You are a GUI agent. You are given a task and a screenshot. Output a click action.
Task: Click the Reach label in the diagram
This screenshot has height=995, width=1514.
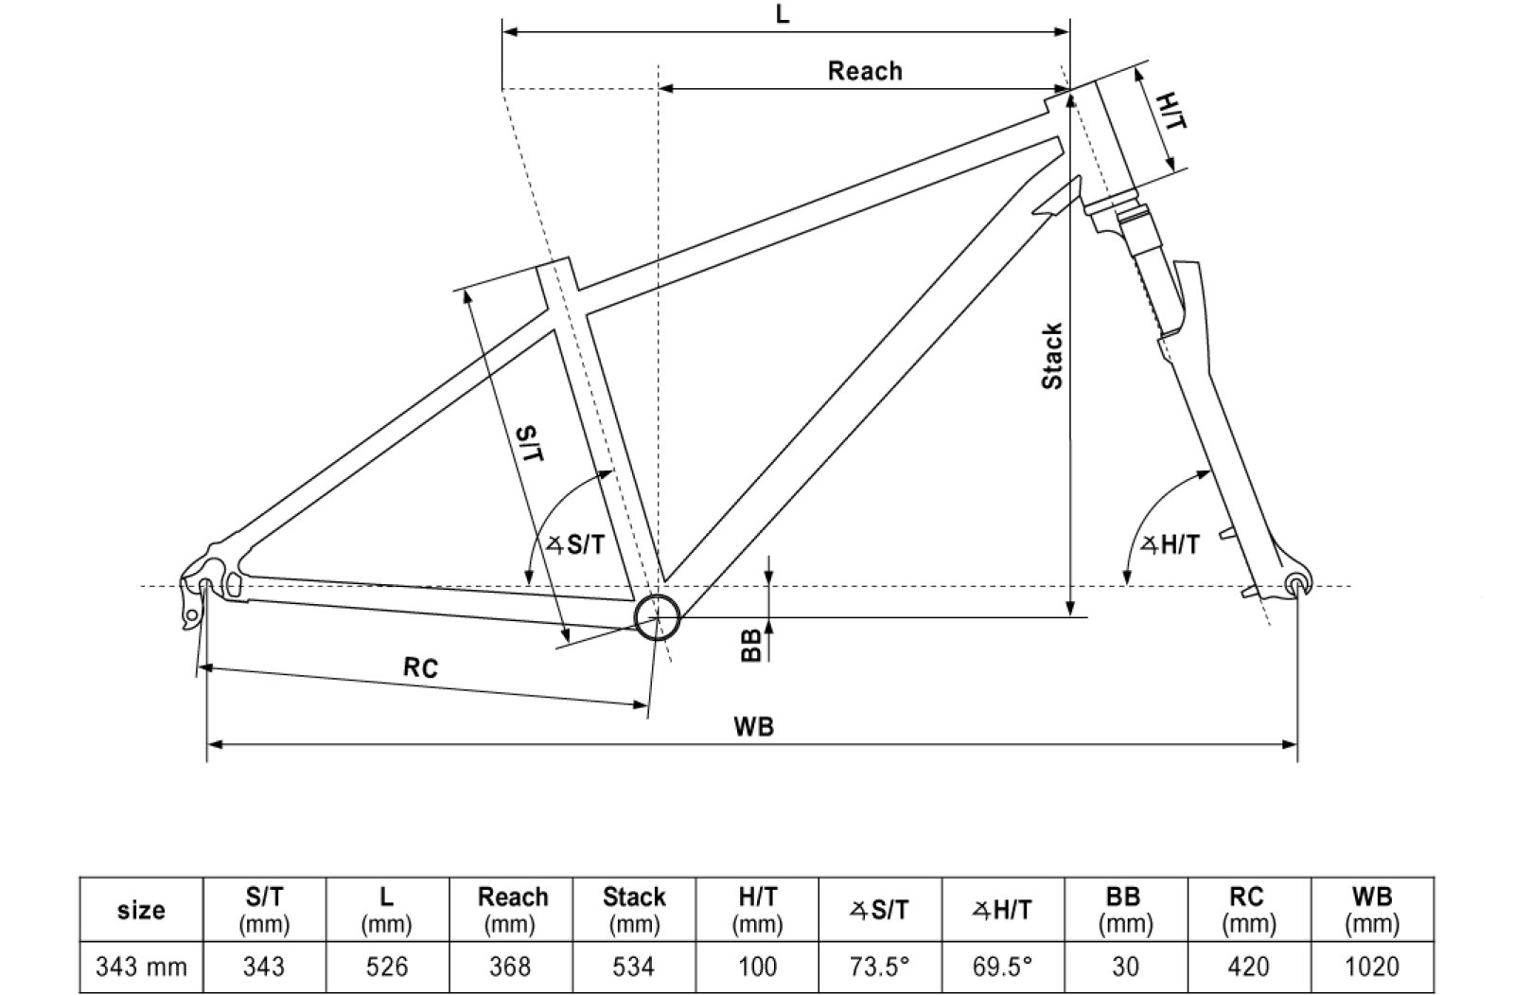(864, 71)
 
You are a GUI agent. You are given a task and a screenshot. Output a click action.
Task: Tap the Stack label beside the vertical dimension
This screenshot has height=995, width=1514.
(1051, 356)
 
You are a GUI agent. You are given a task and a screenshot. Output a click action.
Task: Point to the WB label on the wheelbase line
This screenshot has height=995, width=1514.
(753, 726)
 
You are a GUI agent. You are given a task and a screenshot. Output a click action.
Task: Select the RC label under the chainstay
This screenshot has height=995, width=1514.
(420, 667)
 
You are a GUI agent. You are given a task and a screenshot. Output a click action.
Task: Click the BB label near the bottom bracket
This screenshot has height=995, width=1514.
(751, 646)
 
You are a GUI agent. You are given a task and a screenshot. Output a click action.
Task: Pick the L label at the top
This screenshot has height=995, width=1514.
(783, 15)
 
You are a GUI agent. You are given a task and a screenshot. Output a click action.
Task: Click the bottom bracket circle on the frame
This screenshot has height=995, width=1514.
(657, 618)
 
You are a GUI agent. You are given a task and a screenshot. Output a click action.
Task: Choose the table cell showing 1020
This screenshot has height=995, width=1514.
(1371, 967)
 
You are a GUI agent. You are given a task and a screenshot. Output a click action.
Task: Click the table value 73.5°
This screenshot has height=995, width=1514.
(880, 967)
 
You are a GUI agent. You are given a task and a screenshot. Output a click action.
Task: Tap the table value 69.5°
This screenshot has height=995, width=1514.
(1003, 967)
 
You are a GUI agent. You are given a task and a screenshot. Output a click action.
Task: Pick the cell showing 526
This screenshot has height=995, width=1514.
(387, 967)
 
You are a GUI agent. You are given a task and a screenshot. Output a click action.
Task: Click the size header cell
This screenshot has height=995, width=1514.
(141, 910)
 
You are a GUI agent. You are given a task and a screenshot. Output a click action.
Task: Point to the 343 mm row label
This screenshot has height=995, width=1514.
(141, 967)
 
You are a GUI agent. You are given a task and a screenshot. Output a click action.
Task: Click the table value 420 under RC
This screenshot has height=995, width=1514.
(1248, 967)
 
